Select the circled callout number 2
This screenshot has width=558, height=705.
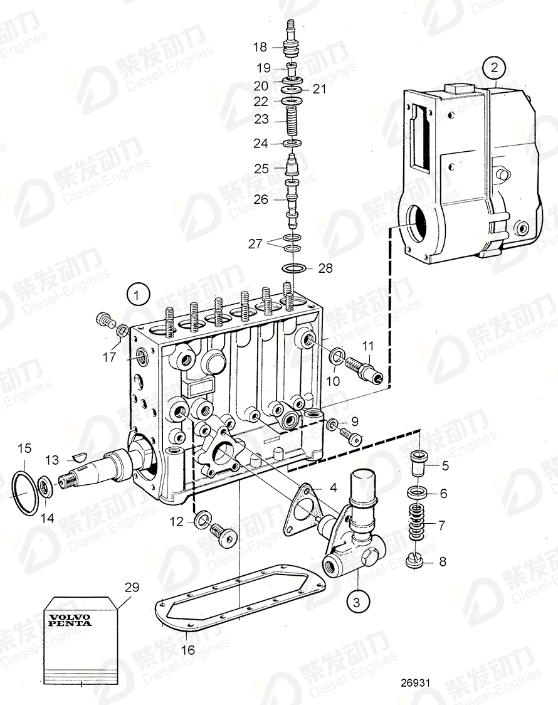click(x=494, y=67)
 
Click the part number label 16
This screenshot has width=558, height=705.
click(x=187, y=650)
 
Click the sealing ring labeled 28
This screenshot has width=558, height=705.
click(x=293, y=269)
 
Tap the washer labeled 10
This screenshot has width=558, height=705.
click(x=336, y=356)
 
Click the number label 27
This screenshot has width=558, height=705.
click(x=255, y=243)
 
